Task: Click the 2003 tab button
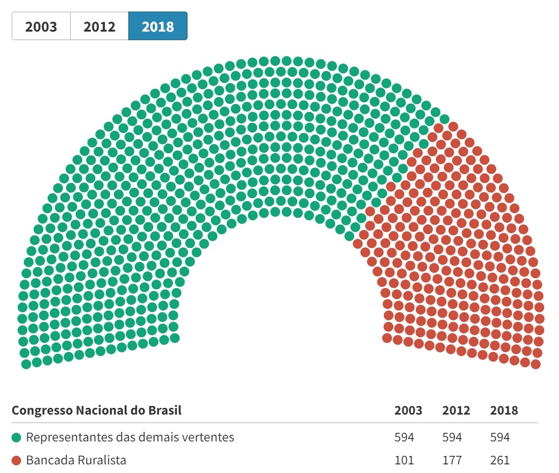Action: [x=41, y=26]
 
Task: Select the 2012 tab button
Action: [x=100, y=26]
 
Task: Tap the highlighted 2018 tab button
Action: [x=158, y=26]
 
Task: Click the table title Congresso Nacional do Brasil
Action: [x=97, y=411]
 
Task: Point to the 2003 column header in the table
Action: [x=408, y=411]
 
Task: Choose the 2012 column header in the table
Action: [x=456, y=411]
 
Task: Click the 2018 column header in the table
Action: [x=504, y=411]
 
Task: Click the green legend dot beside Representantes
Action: [x=17, y=438]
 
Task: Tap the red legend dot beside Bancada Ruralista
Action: [x=17, y=461]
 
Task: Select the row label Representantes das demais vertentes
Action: [x=130, y=437]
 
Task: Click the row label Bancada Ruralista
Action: [x=76, y=461]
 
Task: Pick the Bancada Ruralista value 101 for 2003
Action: [x=404, y=461]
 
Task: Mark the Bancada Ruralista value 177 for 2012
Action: [x=452, y=461]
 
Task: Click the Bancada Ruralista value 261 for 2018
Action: [x=500, y=461]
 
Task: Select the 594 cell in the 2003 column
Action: [x=404, y=437]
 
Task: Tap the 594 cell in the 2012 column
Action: [x=452, y=437]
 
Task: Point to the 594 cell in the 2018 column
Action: [x=500, y=437]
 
